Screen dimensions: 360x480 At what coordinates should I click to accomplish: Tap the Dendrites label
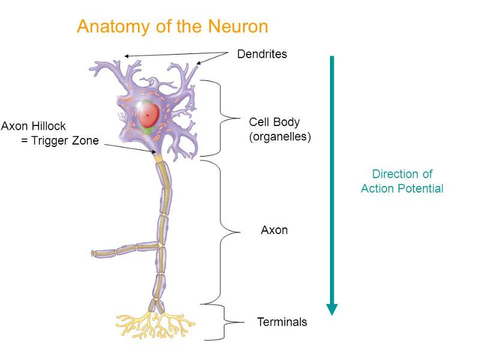pos(262,54)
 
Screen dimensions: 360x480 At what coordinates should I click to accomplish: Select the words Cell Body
pos(274,122)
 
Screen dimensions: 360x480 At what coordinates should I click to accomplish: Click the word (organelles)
pos(280,136)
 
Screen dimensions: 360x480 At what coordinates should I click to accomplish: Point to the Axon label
pos(274,230)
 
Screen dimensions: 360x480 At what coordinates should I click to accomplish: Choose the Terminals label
pos(281,322)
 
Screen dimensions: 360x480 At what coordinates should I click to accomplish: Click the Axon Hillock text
pos(33,127)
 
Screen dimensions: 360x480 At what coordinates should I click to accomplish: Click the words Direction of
pos(401,174)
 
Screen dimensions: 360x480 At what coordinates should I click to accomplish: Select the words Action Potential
pos(401,188)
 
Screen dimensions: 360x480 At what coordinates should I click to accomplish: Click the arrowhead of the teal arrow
pos(332,309)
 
